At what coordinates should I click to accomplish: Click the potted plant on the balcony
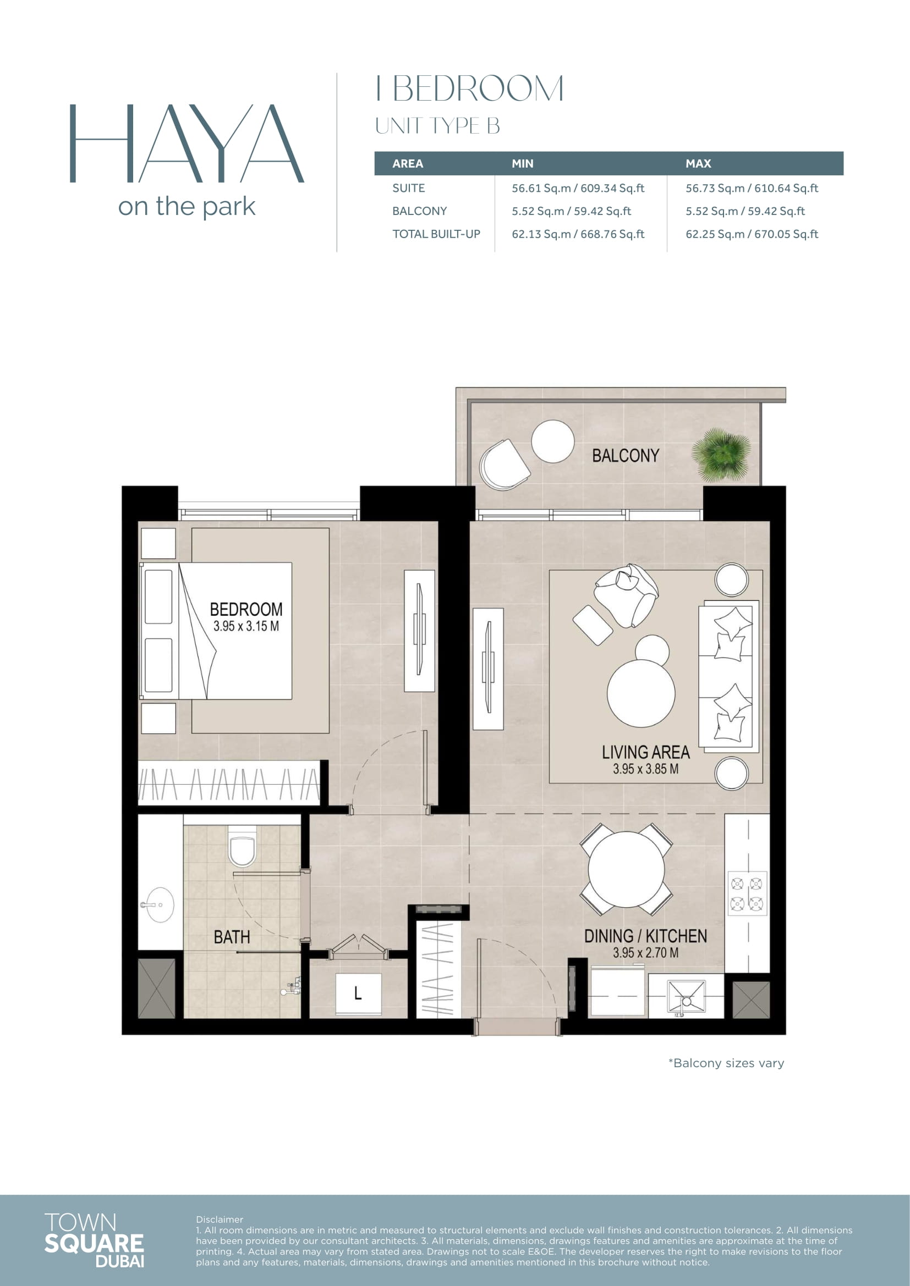pos(721,455)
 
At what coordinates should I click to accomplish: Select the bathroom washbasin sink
pos(159,904)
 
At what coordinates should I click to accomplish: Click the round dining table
pos(626,869)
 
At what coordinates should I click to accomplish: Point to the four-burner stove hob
pos(747,893)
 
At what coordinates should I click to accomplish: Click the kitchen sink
pos(687,997)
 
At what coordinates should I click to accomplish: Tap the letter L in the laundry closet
pos(358,993)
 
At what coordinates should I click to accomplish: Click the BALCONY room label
pos(626,455)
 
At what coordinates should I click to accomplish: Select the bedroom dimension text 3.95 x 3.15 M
pos(246,626)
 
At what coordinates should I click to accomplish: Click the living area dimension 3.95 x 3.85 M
pos(645,769)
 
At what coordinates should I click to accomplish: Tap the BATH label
pos(232,937)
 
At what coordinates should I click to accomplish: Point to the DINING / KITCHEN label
pos(645,936)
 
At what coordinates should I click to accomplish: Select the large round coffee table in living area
pos(641,693)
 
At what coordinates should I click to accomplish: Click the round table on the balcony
pos(552,441)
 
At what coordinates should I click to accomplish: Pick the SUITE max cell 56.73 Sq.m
pos(752,188)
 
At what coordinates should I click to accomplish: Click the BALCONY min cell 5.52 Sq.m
pos(571,211)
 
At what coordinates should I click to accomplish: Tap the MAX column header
pos(698,163)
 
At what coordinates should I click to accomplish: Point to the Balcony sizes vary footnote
pos(726,1063)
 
